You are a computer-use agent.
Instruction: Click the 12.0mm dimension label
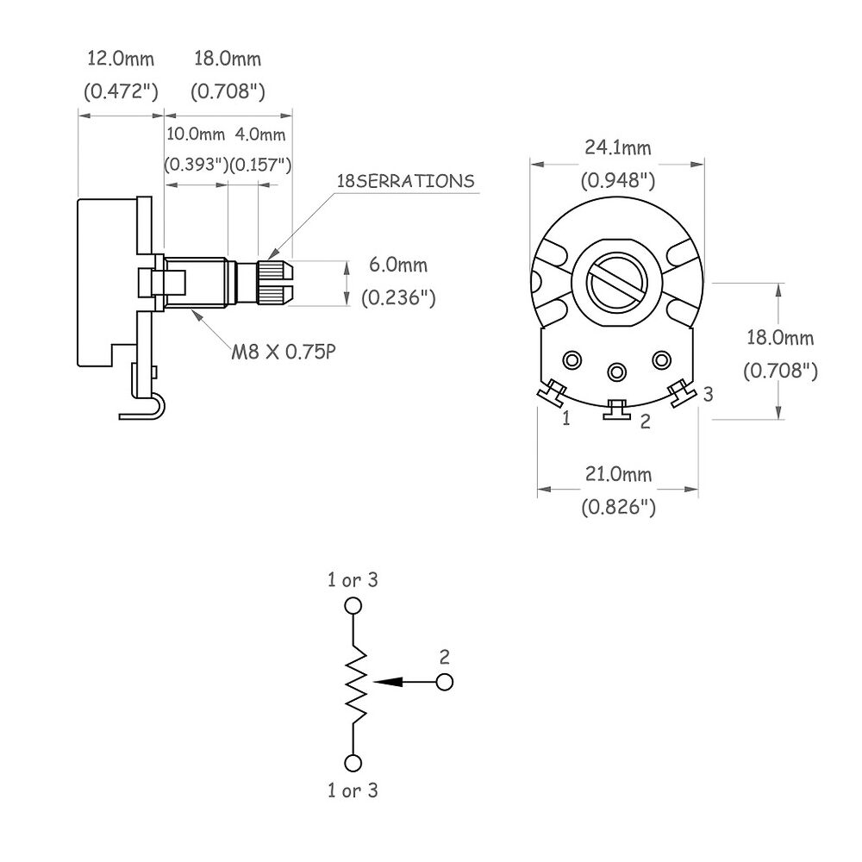click(x=121, y=59)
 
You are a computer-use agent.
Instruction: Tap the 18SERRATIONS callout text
click(x=405, y=181)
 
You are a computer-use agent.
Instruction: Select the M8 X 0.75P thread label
click(x=283, y=352)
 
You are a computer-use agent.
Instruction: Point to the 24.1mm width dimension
click(x=617, y=147)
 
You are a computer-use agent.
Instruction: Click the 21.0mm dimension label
click(x=618, y=473)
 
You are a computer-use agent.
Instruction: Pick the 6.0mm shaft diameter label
click(x=398, y=265)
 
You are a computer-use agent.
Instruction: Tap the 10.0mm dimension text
click(x=196, y=134)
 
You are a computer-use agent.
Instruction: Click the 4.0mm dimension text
click(x=260, y=134)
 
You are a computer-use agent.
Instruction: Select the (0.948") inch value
click(x=618, y=180)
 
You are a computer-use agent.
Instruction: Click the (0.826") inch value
click(x=618, y=506)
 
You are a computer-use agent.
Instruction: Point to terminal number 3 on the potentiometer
click(x=708, y=394)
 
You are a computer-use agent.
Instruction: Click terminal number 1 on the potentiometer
click(x=566, y=418)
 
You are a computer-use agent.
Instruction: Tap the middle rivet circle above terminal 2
click(x=617, y=372)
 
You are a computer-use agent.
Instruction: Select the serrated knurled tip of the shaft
click(x=275, y=282)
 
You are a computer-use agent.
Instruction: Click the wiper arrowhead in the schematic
click(x=387, y=682)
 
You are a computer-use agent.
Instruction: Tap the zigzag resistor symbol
click(x=356, y=682)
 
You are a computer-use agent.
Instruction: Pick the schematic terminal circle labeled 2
click(x=444, y=682)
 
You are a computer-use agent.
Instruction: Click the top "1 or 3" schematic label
click(x=353, y=580)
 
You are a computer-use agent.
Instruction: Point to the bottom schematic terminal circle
click(x=353, y=763)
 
